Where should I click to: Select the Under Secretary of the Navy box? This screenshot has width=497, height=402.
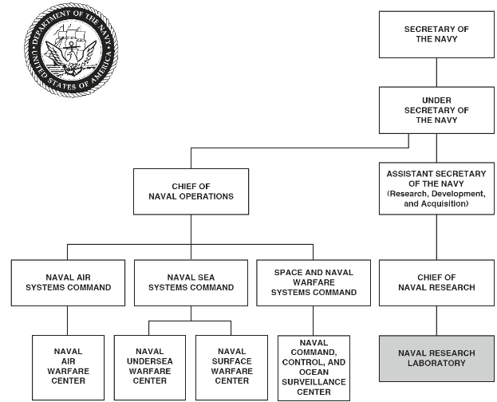click(x=436, y=110)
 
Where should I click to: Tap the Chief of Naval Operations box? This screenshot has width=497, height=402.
click(x=190, y=191)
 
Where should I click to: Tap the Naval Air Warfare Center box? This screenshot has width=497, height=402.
click(x=68, y=365)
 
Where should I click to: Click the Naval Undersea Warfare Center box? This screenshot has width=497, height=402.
click(x=149, y=365)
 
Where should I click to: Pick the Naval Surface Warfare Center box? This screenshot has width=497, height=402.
click(x=231, y=365)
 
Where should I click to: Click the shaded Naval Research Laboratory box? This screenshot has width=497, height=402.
click(x=436, y=358)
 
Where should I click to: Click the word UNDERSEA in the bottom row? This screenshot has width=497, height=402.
click(x=149, y=361)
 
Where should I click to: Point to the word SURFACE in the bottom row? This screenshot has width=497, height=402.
click(x=231, y=361)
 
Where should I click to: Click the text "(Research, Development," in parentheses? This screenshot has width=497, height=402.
click(x=436, y=194)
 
